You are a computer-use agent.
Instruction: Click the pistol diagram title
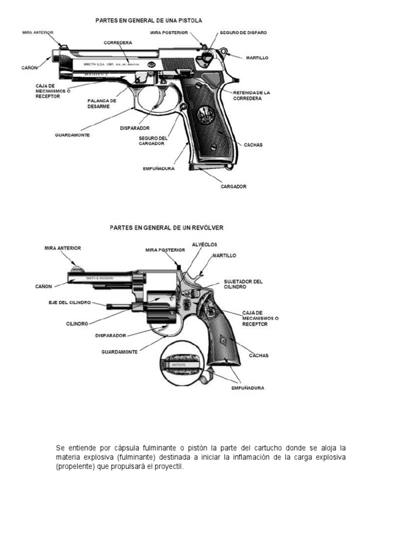coord(148,20)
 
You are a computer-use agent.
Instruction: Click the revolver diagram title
coord(166,228)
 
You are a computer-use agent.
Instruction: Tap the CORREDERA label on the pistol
coord(118,42)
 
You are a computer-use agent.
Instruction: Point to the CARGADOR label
coord(233,186)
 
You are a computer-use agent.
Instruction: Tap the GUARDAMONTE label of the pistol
coord(72,135)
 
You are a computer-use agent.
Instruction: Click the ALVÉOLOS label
coord(204,244)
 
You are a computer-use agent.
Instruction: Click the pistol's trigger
coord(155,100)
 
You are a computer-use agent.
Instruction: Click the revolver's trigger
coord(169,330)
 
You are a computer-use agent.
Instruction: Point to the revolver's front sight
coord(77,269)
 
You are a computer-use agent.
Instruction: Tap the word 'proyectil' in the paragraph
coord(170,466)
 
